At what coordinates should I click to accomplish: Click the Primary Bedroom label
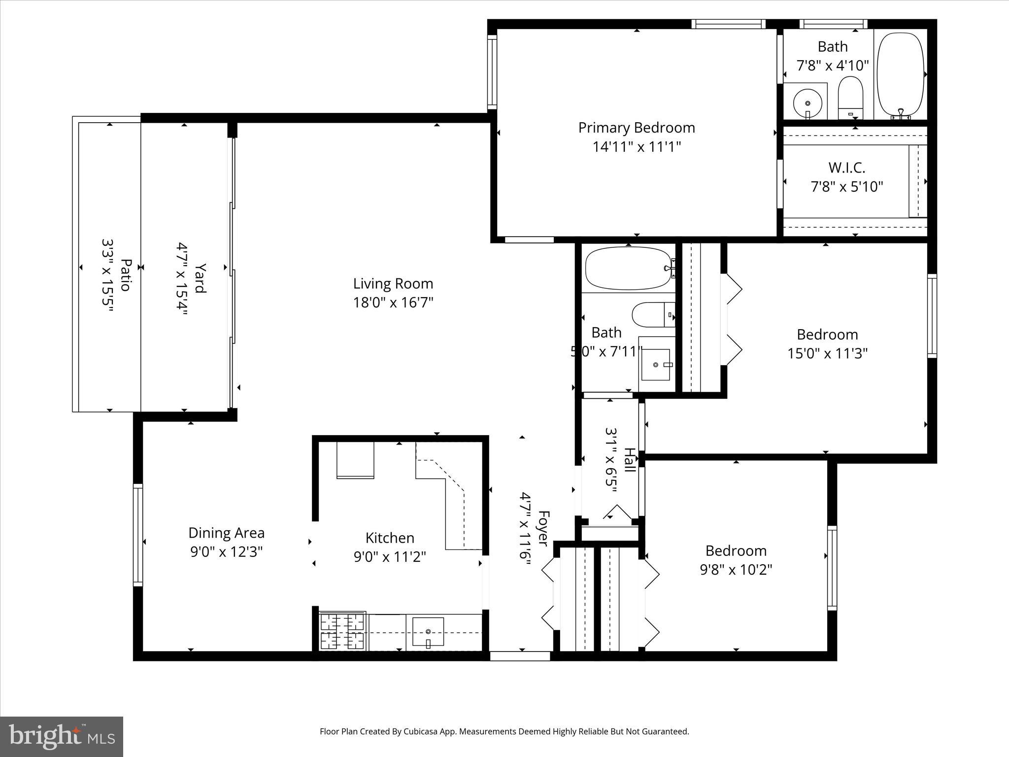(636, 128)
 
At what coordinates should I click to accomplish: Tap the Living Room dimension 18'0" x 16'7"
(393, 302)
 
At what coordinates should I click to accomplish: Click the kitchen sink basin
(428, 632)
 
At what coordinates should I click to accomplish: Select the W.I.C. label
(846, 168)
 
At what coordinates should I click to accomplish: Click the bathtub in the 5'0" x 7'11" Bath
(628, 269)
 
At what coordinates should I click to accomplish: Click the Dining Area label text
(226, 533)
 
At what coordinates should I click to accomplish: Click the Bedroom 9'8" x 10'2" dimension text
(736, 570)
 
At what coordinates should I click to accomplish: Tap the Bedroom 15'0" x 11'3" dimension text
(827, 353)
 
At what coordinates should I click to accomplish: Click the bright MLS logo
(62, 736)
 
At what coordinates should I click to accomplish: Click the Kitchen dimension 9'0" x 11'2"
(389, 557)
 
